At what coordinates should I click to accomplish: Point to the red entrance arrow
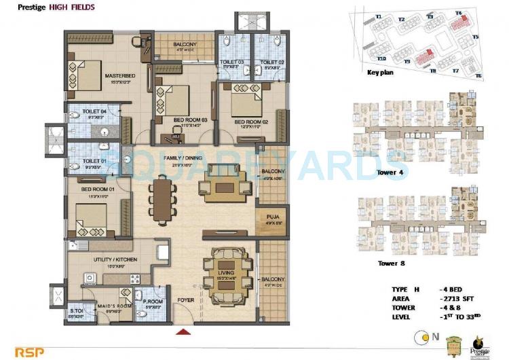(x=182, y=332)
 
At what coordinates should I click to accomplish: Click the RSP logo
(x=18, y=352)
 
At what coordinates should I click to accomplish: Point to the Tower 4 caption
(x=391, y=173)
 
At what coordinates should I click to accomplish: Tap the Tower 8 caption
(x=392, y=262)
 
